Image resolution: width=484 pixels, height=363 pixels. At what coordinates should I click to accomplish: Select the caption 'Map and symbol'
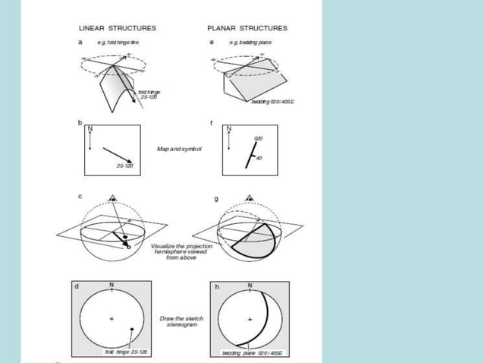(178, 149)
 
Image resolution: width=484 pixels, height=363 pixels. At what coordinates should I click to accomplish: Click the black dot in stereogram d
(132, 329)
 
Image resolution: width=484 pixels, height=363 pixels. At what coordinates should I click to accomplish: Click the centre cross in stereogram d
(112, 319)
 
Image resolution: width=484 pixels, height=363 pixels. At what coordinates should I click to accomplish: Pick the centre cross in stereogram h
(249, 319)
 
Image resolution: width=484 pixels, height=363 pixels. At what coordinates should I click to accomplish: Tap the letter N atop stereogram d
(112, 285)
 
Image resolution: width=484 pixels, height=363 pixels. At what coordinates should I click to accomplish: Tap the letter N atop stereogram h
(249, 285)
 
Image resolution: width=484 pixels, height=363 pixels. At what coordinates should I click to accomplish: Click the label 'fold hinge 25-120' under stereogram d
(126, 353)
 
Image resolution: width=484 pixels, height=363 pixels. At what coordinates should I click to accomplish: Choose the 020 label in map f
(258, 137)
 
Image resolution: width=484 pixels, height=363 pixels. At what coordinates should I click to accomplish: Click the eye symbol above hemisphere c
(113, 197)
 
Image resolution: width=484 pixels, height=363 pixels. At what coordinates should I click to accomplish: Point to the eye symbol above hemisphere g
(248, 197)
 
